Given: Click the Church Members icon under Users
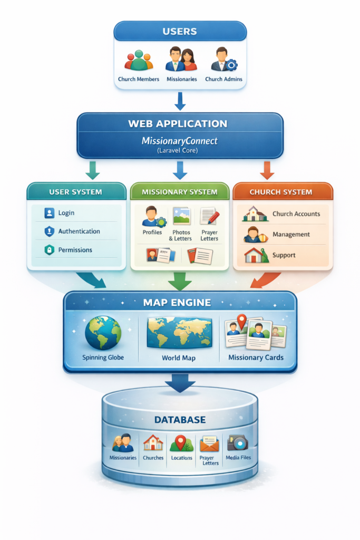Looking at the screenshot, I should [139, 61].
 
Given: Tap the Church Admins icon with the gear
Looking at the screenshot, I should [223, 60].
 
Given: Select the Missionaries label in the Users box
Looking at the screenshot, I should [182, 79].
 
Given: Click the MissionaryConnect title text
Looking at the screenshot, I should [180, 141].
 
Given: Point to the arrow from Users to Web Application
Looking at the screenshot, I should [180, 101].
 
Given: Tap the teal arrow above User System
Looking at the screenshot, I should [92, 170].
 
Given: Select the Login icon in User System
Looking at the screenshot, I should [49, 213].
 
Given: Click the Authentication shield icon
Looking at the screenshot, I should [49, 232].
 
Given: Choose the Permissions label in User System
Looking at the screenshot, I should [75, 250].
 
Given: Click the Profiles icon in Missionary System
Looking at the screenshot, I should [152, 217].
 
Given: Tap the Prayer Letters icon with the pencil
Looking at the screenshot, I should [209, 217].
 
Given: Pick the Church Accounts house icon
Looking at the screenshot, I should [254, 214].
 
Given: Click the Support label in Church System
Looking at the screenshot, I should [284, 255].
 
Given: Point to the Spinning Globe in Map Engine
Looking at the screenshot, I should [103, 333].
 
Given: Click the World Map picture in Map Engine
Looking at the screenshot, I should [179, 333].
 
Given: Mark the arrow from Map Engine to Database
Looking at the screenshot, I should [180, 383].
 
